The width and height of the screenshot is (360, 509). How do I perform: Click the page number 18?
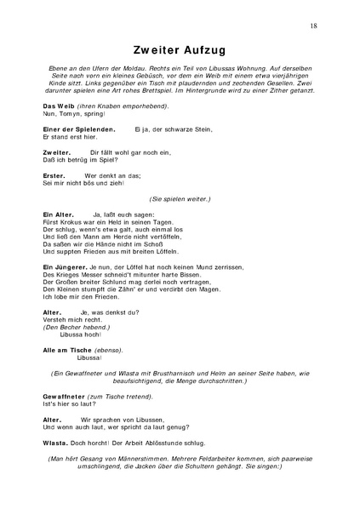[314, 27]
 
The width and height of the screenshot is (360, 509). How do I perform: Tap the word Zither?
[274, 98]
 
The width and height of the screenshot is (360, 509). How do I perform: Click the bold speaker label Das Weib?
[56, 106]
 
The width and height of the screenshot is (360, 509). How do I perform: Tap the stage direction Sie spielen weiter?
[180, 198]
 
